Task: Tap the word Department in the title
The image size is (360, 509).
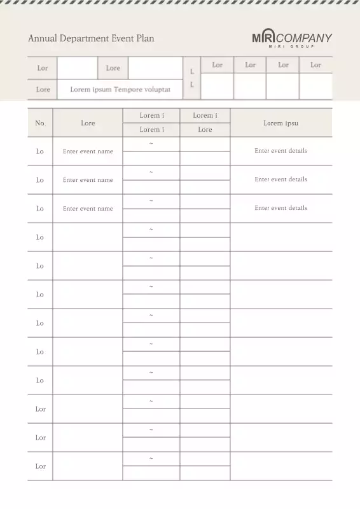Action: (x=83, y=39)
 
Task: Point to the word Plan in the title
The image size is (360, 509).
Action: (x=144, y=38)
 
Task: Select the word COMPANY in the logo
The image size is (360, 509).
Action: (x=304, y=38)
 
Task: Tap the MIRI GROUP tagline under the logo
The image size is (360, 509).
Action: (x=292, y=46)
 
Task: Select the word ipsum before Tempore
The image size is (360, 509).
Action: (x=102, y=90)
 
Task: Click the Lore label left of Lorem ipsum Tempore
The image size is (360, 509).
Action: (x=43, y=90)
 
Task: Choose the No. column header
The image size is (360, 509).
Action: (x=40, y=123)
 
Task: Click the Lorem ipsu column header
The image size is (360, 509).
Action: (x=280, y=123)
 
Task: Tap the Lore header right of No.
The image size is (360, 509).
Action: (x=88, y=123)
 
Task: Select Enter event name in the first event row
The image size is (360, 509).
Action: (x=88, y=151)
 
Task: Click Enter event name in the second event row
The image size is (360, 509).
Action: (x=88, y=180)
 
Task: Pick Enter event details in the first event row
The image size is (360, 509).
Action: (x=280, y=151)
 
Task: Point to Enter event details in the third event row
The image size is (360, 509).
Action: (x=280, y=208)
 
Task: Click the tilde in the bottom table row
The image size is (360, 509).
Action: (x=151, y=459)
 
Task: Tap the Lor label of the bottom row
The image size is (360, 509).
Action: (x=41, y=466)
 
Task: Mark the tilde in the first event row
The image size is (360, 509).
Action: (x=151, y=144)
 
